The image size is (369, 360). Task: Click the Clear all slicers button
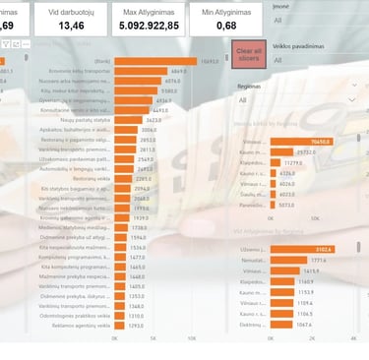pyautogui.click(x=248, y=54)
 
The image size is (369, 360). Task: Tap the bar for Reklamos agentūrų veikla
pyautogui.click(x=120, y=326)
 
